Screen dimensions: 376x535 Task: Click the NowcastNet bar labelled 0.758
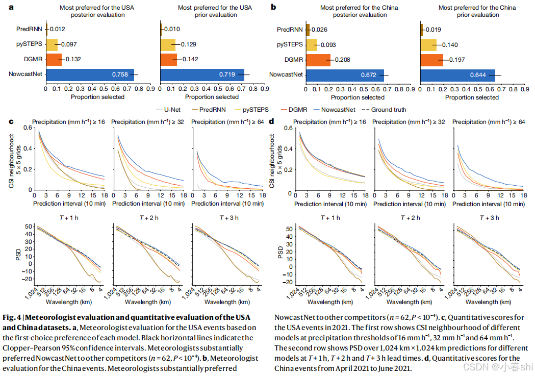tap(90, 74)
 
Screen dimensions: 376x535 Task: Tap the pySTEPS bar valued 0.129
tap(168, 44)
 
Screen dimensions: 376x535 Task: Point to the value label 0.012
tap(57, 29)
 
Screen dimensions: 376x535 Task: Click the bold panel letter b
tap(274, 7)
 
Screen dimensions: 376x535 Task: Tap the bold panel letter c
tap(11, 121)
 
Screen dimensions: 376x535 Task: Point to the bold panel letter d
tap(272, 121)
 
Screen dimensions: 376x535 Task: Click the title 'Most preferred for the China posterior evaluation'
tap(359, 11)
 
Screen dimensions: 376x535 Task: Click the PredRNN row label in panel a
tap(30, 29)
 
